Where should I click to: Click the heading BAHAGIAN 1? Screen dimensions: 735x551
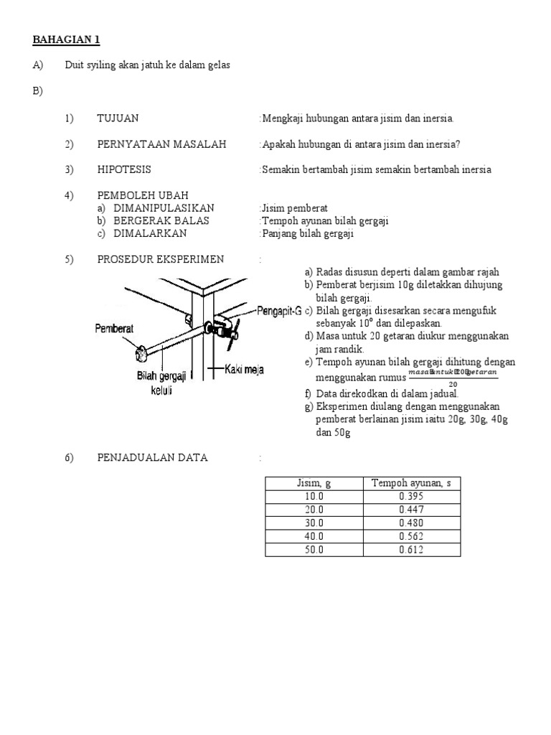pyautogui.click(x=71, y=39)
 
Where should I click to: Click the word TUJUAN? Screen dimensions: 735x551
pyautogui.click(x=118, y=118)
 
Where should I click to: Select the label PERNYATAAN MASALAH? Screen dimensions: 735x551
pyautogui.click(x=161, y=144)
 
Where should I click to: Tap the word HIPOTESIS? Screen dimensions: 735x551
pyautogui.click(x=124, y=170)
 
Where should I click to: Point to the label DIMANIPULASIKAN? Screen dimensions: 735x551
pyautogui.click(x=164, y=208)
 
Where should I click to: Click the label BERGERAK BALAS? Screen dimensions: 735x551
pyautogui.click(x=161, y=220)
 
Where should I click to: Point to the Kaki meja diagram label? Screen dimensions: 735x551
pyautogui.click(x=244, y=370)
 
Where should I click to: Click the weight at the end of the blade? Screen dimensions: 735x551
pyautogui.click(x=141, y=351)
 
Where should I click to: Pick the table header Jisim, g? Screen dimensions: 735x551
pyautogui.click(x=314, y=483)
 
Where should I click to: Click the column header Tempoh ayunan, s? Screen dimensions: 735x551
pyautogui.click(x=411, y=483)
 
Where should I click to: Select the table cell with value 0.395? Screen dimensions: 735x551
pyautogui.click(x=411, y=497)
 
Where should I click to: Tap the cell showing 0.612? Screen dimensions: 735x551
pyautogui.click(x=411, y=550)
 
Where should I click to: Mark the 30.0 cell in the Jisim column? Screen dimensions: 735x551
pyautogui.click(x=314, y=523)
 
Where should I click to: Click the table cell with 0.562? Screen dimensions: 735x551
pyautogui.click(x=411, y=536)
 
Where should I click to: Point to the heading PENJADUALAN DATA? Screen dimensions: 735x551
pyautogui.click(x=152, y=458)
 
